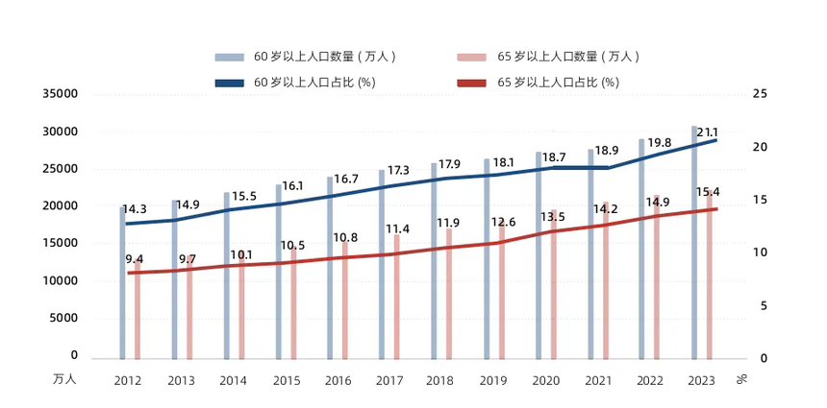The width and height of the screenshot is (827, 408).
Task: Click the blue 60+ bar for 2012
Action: click(x=123, y=283)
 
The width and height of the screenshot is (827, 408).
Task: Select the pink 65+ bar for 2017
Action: click(x=396, y=297)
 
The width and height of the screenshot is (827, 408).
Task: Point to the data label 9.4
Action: click(x=135, y=259)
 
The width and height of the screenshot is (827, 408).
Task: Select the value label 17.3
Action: click(x=398, y=170)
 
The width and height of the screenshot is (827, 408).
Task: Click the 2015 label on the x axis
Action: click(x=286, y=381)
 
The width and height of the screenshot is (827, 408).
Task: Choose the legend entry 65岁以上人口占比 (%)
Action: click(x=558, y=83)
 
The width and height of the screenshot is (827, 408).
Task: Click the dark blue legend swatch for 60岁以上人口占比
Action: click(x=230, y=83)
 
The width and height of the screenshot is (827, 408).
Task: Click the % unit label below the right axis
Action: click(x=741, y=379)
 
